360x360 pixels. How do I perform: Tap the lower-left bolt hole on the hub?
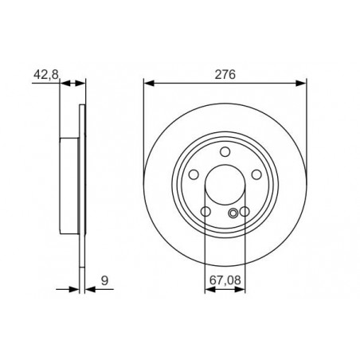(x=205, y=213)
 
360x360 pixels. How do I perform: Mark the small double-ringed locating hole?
(x=233, y=212)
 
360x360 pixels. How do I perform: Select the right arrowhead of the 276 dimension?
(x=302, y=82)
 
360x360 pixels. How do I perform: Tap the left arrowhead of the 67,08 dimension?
(x=209, y=290)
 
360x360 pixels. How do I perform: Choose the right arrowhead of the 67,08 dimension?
(x=241, y=290)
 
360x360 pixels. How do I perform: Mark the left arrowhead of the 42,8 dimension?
(x=66, y=82)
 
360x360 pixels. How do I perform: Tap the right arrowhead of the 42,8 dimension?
(x=80, y=82)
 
